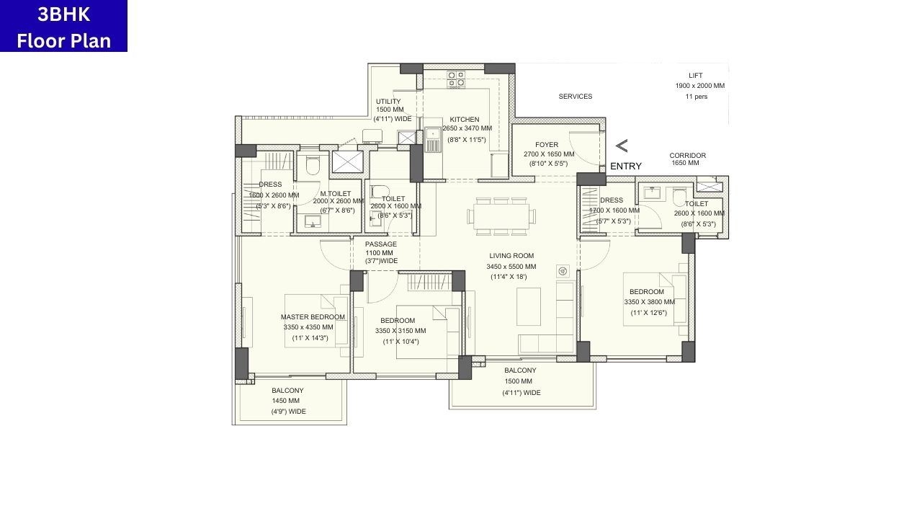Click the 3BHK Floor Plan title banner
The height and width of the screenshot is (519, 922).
point(63,26)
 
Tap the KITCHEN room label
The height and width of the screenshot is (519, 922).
point(465,120)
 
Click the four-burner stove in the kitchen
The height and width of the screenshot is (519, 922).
point(456,79)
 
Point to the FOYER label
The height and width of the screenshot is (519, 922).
point(547,145)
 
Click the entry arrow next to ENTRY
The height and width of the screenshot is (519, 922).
point(621,146)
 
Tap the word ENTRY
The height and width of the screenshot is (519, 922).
point(625,167)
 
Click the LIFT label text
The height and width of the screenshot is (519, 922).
point(695,76)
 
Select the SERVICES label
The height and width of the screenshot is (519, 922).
point(576,97)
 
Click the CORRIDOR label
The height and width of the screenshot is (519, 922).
point(687,156)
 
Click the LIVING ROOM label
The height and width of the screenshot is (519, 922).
point(511,256)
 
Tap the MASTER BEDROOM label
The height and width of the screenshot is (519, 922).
point(313,317)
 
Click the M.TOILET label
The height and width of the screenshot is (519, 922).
point(336,194)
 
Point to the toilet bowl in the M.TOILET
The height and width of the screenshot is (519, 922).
point(313,167)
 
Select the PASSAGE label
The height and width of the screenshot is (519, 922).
point(380,244)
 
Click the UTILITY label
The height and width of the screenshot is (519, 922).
point(388,102)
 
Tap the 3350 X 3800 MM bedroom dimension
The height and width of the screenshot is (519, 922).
point(649,302)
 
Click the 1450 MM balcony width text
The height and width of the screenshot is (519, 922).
point(285,401)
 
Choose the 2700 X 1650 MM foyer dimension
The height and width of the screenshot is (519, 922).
point(549,154)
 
